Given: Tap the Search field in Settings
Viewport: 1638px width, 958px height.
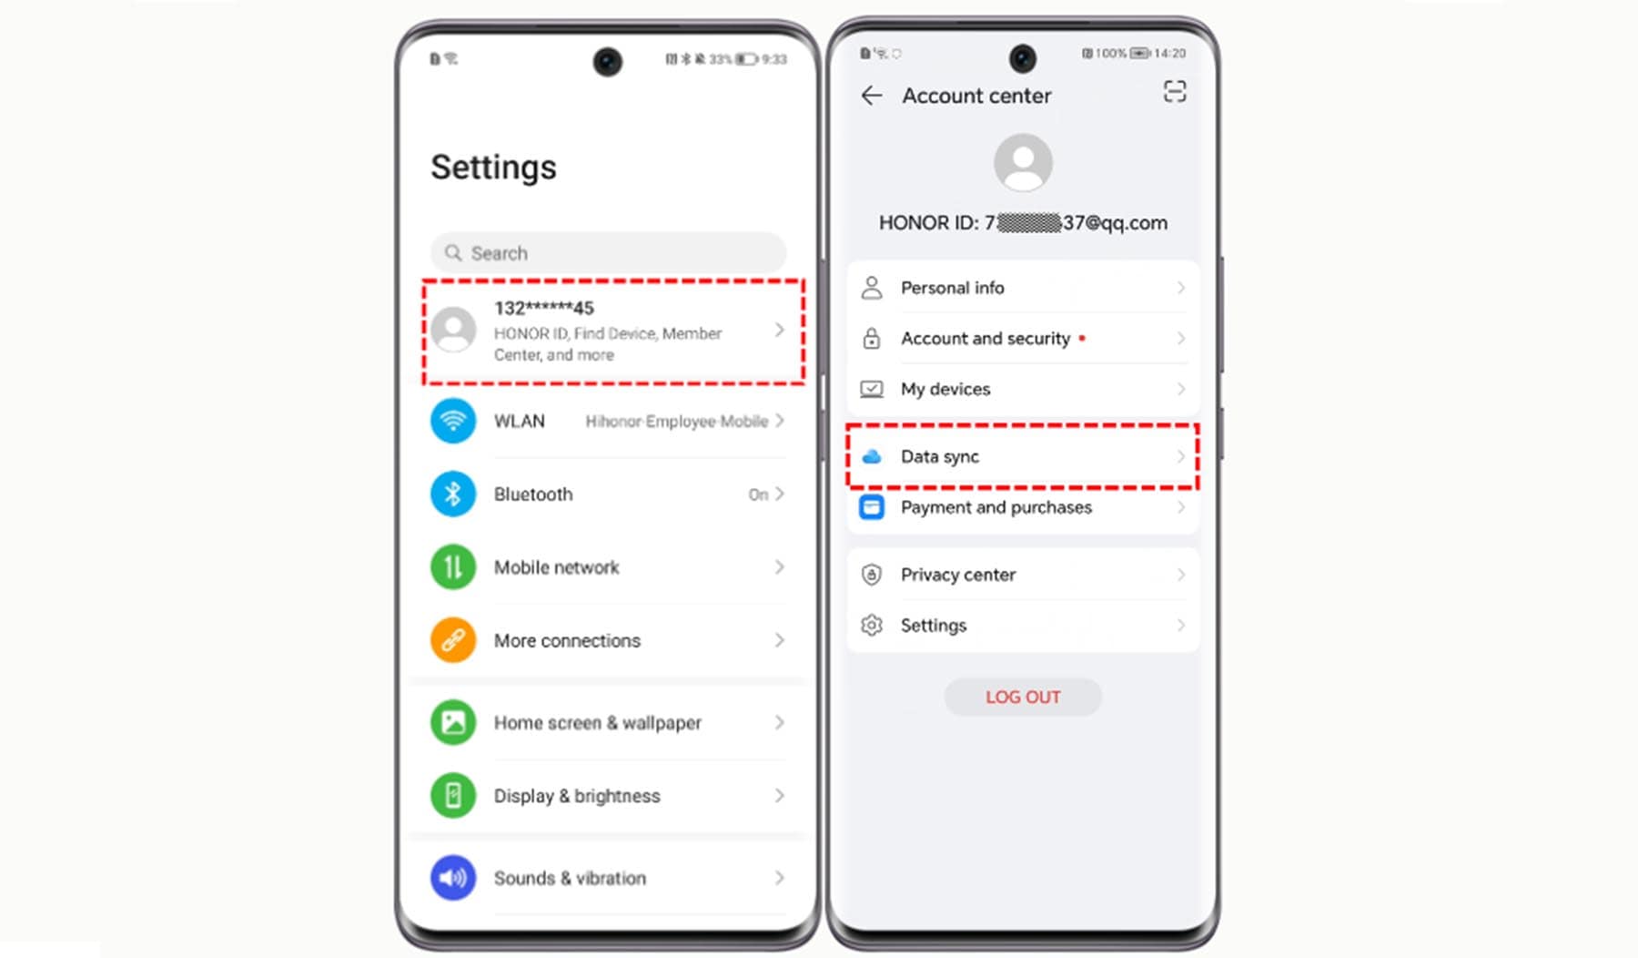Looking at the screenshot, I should (x=608, y=252).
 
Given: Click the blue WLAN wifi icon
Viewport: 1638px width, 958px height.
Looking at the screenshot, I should (x=452, y=421).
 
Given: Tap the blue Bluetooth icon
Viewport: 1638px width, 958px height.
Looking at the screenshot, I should (x=452, y=494).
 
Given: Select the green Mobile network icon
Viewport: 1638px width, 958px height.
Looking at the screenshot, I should (x=452, y=567).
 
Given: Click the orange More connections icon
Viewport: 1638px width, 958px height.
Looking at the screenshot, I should (x=452, y=640).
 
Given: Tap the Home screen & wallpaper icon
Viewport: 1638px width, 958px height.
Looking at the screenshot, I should (x=452, y=722).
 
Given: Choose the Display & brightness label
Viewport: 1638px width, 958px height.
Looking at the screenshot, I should (x=577, y=796).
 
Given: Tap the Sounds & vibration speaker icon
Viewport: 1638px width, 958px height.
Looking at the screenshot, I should (x=452, y=878).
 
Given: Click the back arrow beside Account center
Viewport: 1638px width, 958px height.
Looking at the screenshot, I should (x=871, y=96).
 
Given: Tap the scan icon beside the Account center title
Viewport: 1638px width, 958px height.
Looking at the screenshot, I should (x=1175, y=92).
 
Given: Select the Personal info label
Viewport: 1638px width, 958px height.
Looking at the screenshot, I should (x=952, y=288).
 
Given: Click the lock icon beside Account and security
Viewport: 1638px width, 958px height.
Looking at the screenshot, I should (x=871, y=339).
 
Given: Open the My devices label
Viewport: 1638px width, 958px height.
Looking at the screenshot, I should (x=945, y=389).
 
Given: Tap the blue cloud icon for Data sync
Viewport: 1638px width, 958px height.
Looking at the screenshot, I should (x=871, y=456).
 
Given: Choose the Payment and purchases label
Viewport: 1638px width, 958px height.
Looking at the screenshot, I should (x=996, y=507).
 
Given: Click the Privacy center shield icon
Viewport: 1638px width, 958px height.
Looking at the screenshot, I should (x=871, y=575).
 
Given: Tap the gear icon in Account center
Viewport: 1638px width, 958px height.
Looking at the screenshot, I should (x=871, y=626).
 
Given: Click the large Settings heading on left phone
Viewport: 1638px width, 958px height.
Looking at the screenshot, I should (x=493, y=168).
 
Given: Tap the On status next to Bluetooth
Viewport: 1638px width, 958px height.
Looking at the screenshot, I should (x=758, y=494).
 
